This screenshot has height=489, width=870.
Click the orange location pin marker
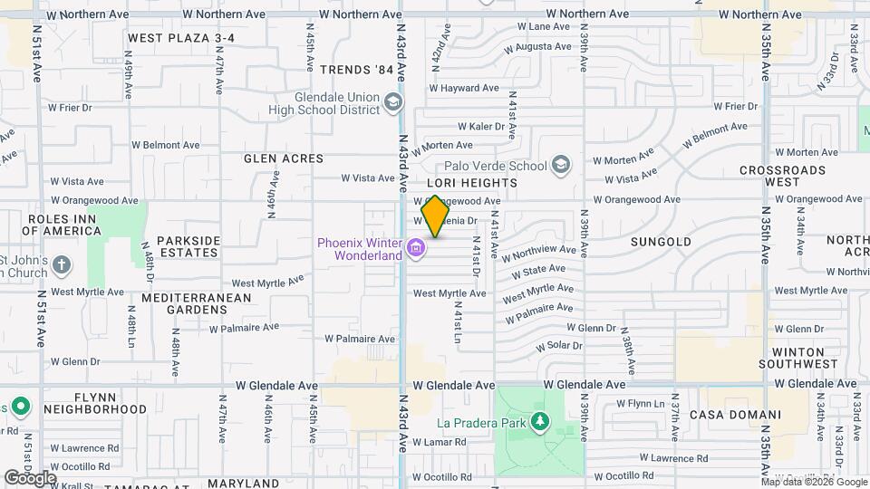click(x=435, y=216)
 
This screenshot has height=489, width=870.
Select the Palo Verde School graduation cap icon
click(x=562, y=165)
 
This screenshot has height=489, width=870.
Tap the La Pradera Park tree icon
click(x=540, y=421)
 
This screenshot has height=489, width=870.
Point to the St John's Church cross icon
click(x=61, y=265)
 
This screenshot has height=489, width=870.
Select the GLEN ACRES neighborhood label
click(x=284, y=158)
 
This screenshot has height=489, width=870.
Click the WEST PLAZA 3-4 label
click(x=181, y=38)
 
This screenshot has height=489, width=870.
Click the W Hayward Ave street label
click(x=464, y=88)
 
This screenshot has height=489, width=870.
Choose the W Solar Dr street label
click(x=558, y=347)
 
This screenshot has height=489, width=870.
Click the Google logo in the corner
click(x=30, y=477)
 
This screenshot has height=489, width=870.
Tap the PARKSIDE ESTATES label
click(x=188, y=246)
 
